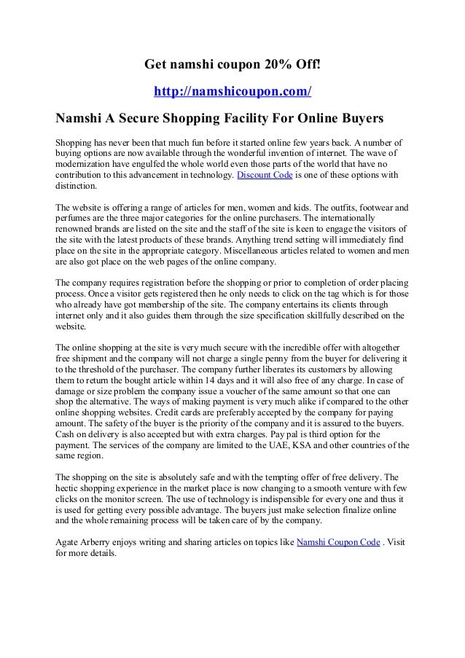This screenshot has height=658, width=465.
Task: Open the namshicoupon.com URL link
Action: click(232, 93)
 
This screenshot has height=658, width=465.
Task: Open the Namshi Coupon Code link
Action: click(338, 542)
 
